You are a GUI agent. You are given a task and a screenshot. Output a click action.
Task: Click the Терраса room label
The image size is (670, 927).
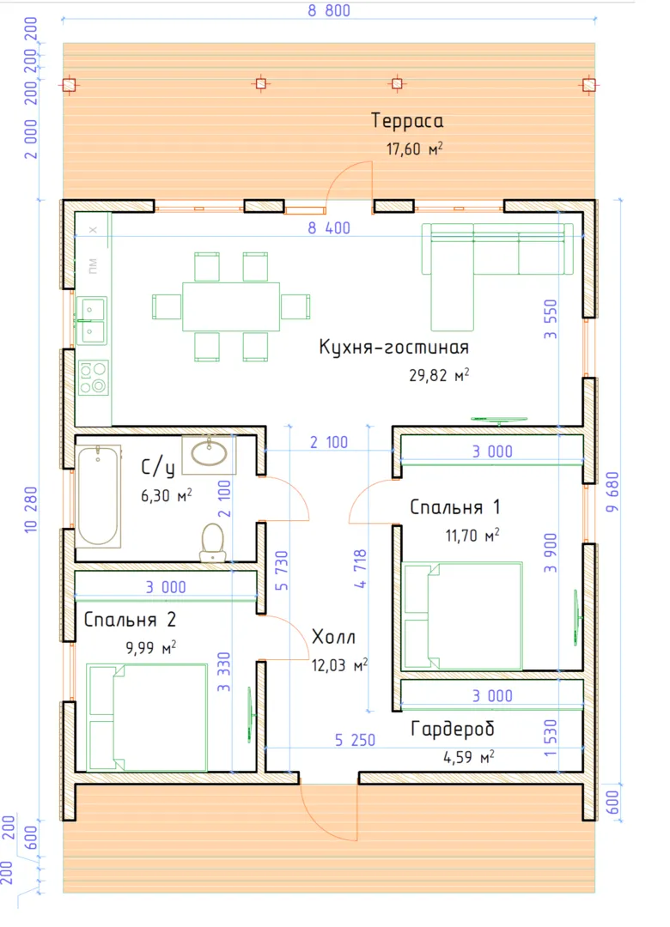[x=407, y=121]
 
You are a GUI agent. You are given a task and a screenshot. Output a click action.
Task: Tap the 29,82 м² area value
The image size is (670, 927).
[x=439, y=375]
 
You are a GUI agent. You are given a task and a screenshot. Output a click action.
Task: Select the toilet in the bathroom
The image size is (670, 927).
[x=212, y=542]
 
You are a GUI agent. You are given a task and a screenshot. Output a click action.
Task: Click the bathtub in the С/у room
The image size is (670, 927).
[x=98, y=495]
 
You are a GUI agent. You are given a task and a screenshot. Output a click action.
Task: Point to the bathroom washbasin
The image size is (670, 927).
[x=209, y=455]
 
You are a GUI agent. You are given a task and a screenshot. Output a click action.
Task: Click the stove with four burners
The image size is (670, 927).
[x=93, y=377]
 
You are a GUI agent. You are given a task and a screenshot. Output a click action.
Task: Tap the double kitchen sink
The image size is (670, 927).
[x=91, y=321]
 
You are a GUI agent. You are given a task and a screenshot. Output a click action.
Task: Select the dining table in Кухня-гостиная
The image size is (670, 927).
[x=231, y=306]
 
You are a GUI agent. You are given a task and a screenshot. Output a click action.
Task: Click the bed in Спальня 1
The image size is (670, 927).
[x=461, y=615]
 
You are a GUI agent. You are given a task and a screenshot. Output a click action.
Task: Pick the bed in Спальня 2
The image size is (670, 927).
[x=147, y=717]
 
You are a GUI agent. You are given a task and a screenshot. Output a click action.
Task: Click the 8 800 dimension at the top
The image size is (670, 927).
[x=329, y=10]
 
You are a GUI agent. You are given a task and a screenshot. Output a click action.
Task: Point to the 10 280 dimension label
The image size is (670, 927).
[x=31, y=509]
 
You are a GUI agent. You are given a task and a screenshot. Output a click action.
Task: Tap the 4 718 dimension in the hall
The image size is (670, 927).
[x=361, y=568]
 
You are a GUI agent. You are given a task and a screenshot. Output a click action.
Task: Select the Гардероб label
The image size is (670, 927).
[x=452, y=729]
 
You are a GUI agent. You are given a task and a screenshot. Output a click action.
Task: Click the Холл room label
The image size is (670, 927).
[x=333, y=637]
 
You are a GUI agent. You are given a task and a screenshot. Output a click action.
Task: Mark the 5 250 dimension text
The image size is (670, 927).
[x=355, y=740]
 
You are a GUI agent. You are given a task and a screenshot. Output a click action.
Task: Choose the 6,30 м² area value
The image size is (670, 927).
[x=167, y=495]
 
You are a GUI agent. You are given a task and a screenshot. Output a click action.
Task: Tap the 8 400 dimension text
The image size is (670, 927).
[x=329, y=227]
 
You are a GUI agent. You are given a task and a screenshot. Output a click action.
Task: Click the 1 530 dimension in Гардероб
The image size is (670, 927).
[x=551, y=738]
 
